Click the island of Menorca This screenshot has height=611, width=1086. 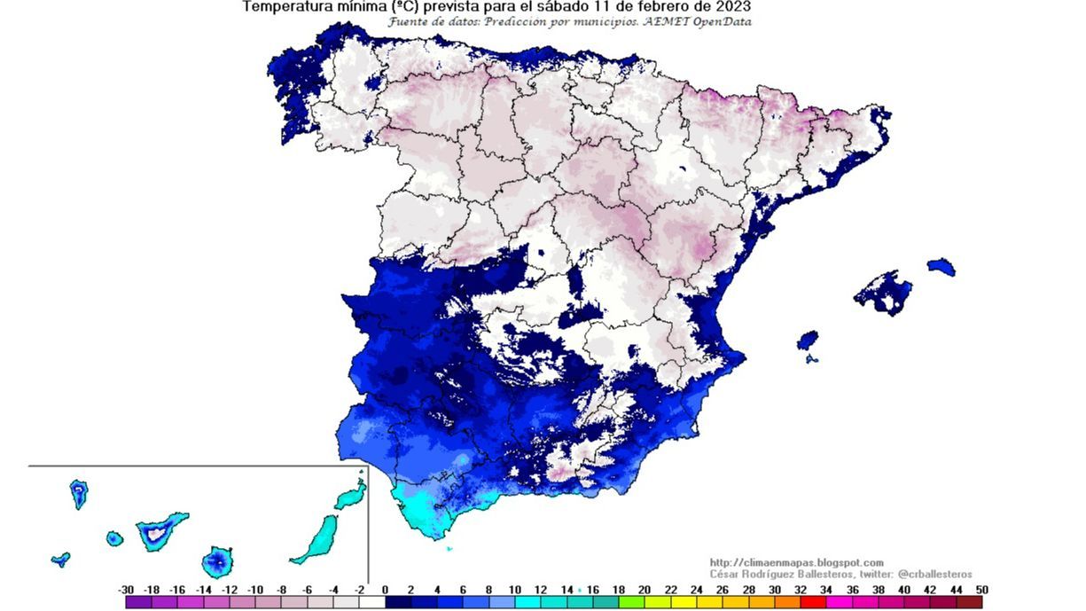[x=941, y=266]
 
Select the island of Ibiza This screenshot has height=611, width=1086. [x=807, y=341]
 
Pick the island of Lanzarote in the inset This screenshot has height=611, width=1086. [x=352, y=494]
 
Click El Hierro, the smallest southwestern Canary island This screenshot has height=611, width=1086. [x=60, y=559]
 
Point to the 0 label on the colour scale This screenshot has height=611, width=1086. [x=385, y=590]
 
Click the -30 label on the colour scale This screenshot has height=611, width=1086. [x=126, y=590]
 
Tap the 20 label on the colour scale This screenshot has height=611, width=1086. [x=645, y=590]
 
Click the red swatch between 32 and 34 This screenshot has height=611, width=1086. [x=813, y=602]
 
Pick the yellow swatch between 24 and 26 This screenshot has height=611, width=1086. [x=709, y=602]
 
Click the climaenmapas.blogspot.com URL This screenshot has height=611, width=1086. [x=796, y=562]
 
